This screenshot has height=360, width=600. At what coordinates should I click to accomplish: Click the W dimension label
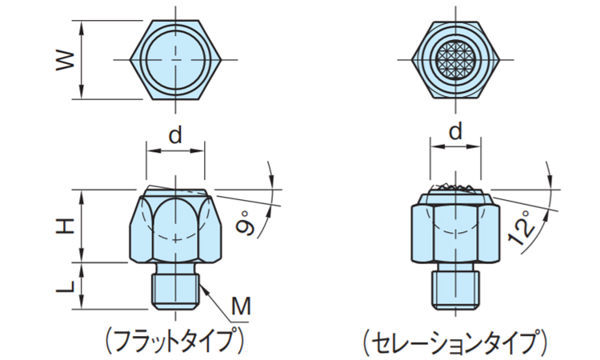65,60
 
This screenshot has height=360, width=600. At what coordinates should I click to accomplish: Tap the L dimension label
65,286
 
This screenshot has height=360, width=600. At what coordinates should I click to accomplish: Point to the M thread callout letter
241,306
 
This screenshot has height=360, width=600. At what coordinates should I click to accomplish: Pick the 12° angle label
522,228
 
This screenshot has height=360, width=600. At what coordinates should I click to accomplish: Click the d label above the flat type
175,134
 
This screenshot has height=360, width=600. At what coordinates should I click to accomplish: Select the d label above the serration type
455,131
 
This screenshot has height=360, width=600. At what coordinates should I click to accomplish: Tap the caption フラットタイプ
174,342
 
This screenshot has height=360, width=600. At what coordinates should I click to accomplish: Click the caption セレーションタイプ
455,342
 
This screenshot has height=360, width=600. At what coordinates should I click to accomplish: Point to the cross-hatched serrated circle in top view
455,60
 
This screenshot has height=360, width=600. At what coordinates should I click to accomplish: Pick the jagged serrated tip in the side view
455,186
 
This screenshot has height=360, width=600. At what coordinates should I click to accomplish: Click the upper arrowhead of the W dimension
81,26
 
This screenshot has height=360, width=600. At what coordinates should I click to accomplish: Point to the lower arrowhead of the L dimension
81,303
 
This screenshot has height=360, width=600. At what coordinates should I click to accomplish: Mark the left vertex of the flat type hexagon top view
130,60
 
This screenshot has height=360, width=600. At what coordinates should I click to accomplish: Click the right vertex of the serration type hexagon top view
500,60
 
